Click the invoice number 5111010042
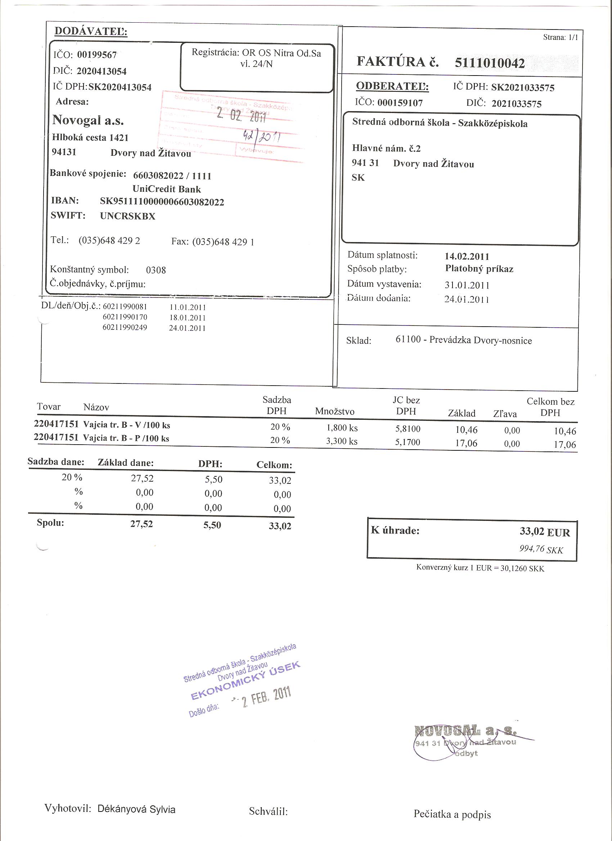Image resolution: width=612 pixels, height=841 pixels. coord(490,63)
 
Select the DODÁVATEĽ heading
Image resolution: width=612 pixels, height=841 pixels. coord(91,32)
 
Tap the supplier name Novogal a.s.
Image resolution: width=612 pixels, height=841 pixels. coord(88,121)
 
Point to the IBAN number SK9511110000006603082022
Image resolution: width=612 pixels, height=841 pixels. coord(162,202)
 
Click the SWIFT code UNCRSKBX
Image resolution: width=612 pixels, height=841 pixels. coord(128,216)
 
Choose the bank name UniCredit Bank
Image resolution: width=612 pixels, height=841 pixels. coord(167,189)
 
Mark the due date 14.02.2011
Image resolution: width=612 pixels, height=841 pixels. coord(467,256)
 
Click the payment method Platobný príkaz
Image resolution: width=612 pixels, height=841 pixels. coord(479,269)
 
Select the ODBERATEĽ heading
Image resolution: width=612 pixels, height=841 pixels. coord(392,87)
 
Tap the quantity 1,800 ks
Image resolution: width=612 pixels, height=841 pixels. coord(342,428)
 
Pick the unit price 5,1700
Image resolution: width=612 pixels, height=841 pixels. coord(408,442)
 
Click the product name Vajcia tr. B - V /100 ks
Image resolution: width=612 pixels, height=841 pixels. coord(127,425)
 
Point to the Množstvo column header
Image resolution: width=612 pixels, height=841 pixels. coord(334,411)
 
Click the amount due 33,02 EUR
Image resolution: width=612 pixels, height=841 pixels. coord(544,532)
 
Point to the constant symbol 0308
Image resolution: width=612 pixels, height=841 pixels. coord(156,270)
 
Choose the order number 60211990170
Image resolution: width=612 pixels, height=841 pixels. coord(125,317)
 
